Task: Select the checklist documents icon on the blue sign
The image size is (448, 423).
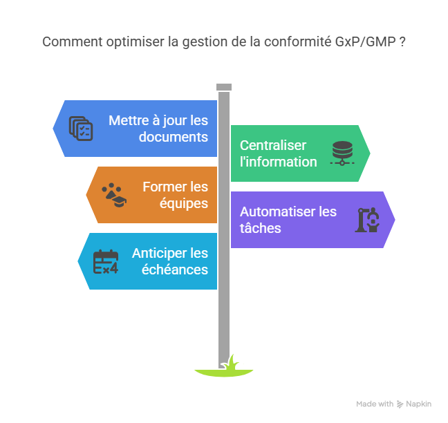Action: [81, 129]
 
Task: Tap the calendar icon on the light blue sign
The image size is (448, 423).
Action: [106, 261]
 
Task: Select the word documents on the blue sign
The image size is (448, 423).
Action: [173, 137]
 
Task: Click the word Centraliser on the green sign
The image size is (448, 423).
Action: [272, 145]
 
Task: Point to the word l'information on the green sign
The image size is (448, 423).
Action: [278, 162]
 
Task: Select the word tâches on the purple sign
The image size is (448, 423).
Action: [260, 228]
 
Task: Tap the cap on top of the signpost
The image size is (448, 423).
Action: [223, 87]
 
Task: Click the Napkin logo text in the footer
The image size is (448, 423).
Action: [419, 404]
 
